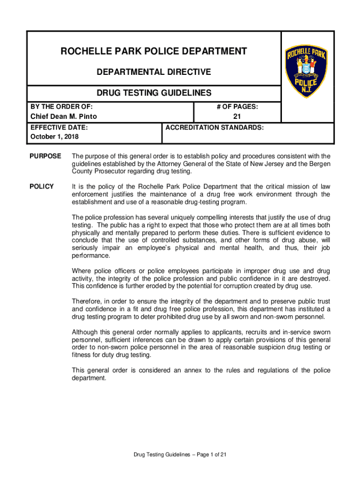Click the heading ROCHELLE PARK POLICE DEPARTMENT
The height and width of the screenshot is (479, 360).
154,51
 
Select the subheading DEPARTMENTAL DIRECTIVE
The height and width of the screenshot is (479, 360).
154,72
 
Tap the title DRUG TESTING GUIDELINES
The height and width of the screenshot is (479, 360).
154,93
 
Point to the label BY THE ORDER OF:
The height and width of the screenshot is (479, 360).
61,107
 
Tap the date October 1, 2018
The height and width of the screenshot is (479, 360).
55,137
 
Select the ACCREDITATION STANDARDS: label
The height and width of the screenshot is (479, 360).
214,127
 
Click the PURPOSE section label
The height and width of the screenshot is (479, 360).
45,156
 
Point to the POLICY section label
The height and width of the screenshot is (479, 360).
42,186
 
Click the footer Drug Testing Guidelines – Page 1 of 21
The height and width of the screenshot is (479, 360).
180,454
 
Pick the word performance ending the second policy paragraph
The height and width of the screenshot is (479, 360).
91,256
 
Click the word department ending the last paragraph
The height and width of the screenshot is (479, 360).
88,378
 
